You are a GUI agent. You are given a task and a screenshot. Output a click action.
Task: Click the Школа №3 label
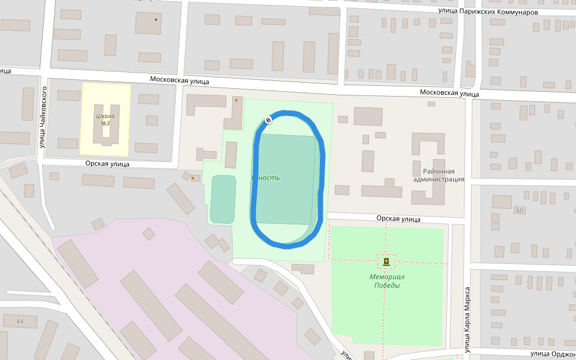pos(105,119)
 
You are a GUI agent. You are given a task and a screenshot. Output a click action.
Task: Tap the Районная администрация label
pos(439,175)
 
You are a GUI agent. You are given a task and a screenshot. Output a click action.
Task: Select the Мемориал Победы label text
pos(387,281)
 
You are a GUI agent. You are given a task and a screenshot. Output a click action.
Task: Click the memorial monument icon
pos(386,261)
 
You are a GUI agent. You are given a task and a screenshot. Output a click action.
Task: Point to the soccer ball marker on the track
pos(268,120)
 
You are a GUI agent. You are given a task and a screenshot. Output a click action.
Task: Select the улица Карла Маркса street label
pos(467,319)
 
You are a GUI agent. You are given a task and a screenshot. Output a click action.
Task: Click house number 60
pos(519,210)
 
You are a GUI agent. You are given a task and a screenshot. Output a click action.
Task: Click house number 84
pos(20,322)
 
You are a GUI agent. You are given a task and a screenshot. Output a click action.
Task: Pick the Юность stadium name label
pos(265,178)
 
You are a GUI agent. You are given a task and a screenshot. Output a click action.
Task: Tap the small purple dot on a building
pos(156,19)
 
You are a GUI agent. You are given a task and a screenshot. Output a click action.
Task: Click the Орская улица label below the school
pos(108,163)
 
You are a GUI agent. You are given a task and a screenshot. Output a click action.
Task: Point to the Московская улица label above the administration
pos(449,93)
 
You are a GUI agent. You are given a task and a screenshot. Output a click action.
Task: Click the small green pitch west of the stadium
pos(223,199)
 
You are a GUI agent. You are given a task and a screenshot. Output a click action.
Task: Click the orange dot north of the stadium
pos(236,100)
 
